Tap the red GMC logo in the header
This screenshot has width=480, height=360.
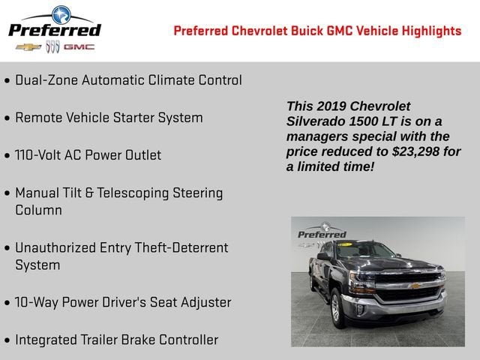coord(79,46)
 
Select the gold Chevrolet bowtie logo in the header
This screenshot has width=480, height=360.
coord(28,46)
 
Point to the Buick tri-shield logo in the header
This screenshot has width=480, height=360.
coord(52,46)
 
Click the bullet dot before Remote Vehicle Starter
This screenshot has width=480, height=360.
coord(7,118)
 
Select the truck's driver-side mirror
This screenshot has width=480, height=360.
coord(323,256)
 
